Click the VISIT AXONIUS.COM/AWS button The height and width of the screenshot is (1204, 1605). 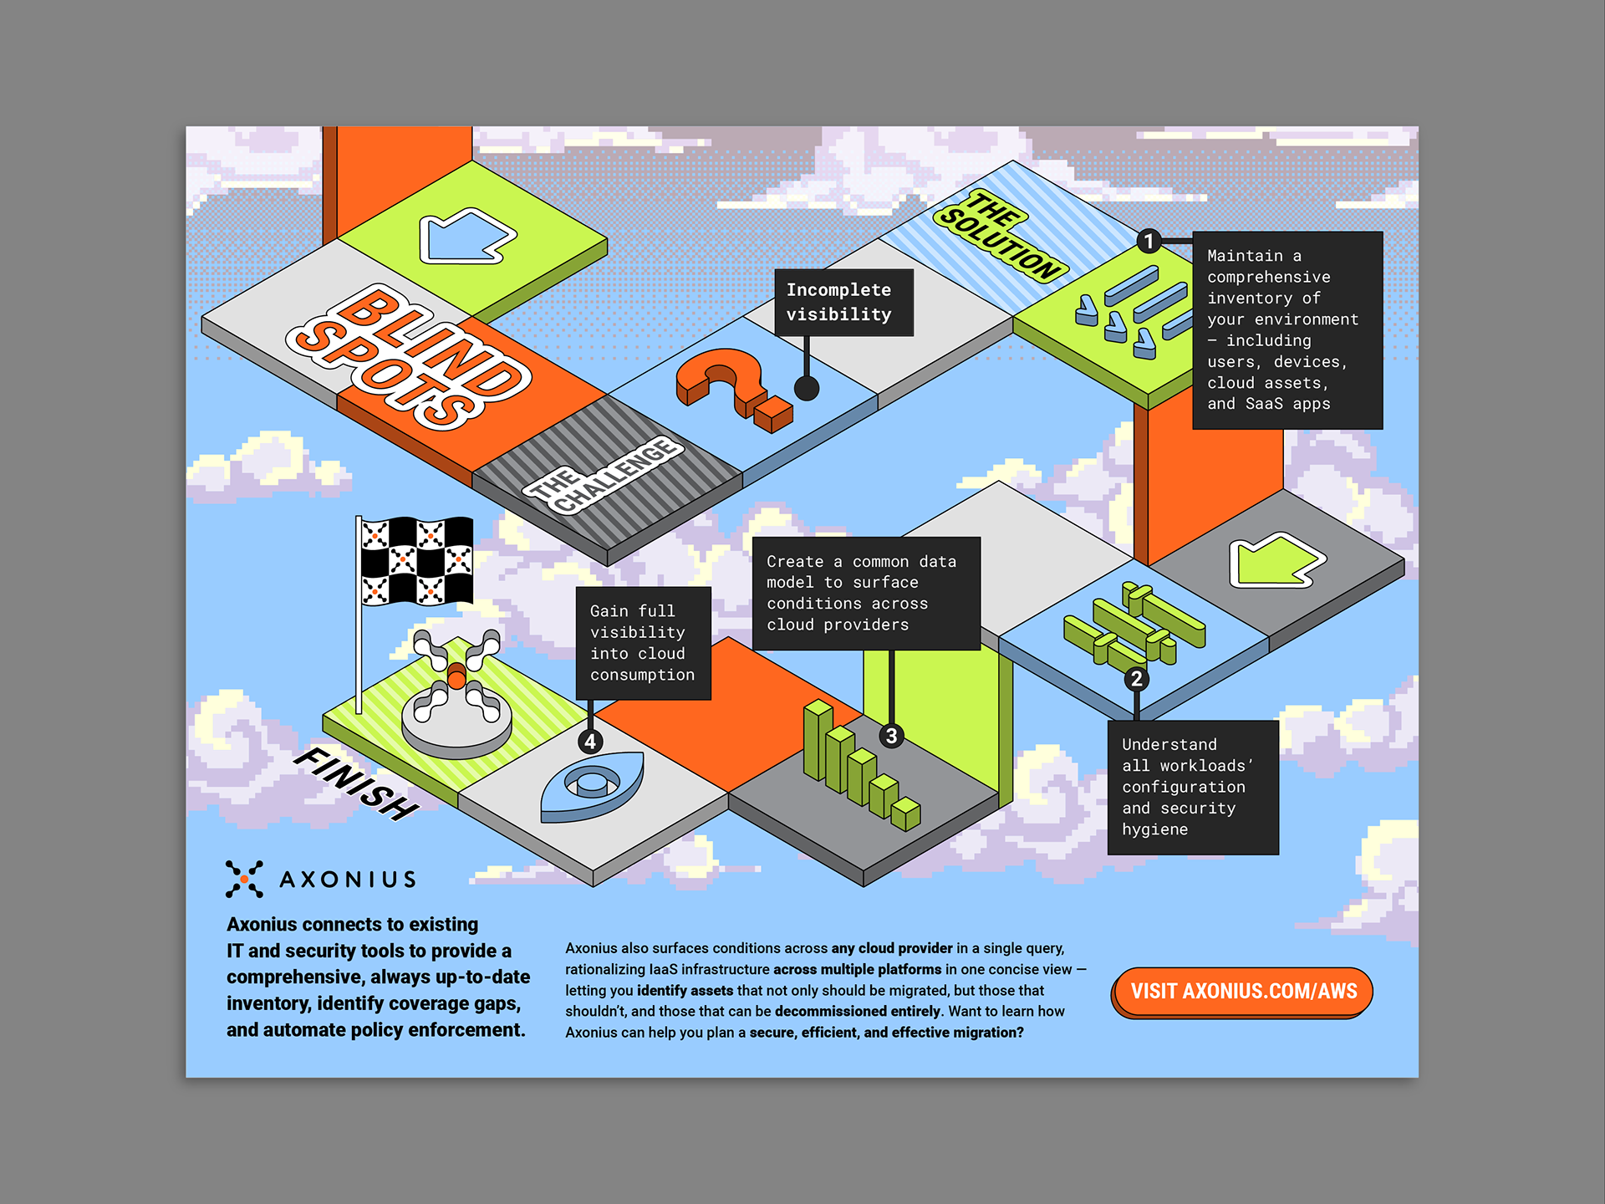(x=1243, y=992)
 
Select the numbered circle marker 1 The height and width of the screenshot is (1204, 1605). (x=1149, y=242)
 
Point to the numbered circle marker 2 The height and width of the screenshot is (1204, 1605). (x=1136, y=679)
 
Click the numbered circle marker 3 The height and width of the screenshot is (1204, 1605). (x=892, y=736)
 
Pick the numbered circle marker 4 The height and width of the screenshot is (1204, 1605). (x=590, y=742)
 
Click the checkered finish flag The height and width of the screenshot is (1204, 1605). (x=416, y=560)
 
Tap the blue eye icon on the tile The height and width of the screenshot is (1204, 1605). (x=592, y=786)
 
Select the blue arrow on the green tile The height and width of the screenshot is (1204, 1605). (x=466, y=236)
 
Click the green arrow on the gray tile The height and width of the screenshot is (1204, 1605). (x=1274, y=560)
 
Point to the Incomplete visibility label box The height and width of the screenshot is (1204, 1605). (x=843, y=303)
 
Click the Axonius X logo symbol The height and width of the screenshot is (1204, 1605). (x=244, y=879)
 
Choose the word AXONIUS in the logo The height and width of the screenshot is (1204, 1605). (x=348, y=880)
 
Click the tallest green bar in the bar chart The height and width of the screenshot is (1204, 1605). (x=818, y=740)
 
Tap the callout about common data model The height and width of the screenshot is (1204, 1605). (x=866, y=594)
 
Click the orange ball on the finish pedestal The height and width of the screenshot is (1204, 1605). (x=456, y=676)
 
